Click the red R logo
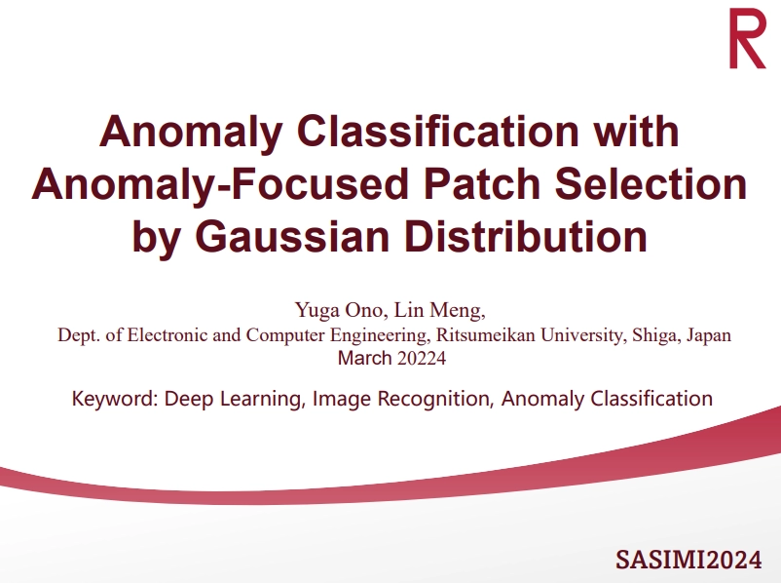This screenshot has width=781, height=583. tap(747, 39)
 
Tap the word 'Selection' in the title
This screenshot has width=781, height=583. tap(651, 183)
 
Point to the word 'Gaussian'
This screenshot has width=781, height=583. tap(292, 236)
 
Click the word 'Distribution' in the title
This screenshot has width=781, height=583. tap(526, 236)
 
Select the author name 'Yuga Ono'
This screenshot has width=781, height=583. tap(339, 310)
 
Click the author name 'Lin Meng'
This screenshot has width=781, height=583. tap(438, 310)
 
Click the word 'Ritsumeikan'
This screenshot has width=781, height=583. tap(485, 334)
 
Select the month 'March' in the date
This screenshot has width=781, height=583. tap(364, 358)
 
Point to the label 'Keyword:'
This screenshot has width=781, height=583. tap(115, 399)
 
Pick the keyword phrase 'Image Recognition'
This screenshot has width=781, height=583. tap(401, 400)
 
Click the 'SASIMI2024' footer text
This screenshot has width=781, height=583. tap(688, 559)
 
